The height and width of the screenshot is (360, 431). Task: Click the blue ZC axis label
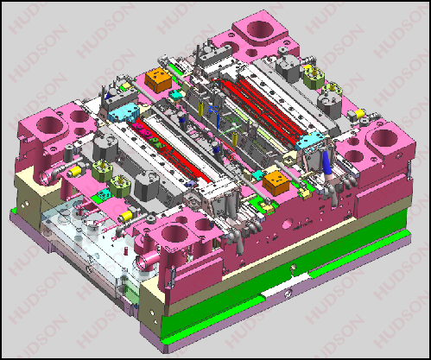point(213,110)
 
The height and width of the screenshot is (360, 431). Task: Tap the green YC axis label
point(236,120)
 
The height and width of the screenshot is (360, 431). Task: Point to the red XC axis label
point(231,157)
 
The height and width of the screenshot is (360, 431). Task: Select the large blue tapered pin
point(326,163)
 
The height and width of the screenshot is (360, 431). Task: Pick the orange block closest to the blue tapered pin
point(276,182)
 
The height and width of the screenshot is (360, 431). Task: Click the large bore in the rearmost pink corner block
point(261,29)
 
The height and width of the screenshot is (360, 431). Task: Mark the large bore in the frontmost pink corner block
point(175,233)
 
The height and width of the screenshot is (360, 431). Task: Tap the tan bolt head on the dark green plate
point(293,268)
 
